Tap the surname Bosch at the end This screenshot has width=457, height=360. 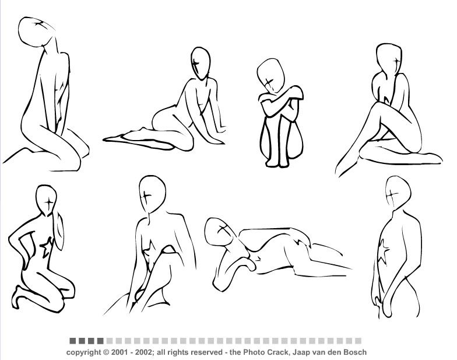point(357,352)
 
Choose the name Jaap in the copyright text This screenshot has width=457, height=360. point(300,352)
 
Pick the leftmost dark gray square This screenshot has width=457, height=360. point(72,341)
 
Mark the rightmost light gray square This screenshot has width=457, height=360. point(358,341)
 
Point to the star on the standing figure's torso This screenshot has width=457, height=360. point(384,251)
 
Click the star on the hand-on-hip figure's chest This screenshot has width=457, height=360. point(47,247)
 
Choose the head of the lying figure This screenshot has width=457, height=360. point(221,232)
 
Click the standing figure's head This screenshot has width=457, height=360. point(398,193)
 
